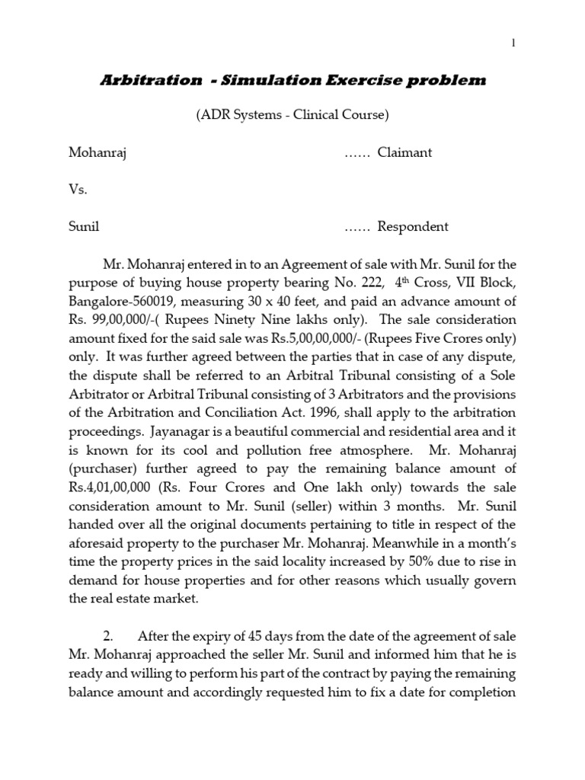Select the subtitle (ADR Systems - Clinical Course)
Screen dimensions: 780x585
pyautogui.click(x=292, y=115)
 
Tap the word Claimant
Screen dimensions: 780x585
pyautogui.click(x=404, y=152)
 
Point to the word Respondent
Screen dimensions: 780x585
pyautogui.click(x=413, y=227)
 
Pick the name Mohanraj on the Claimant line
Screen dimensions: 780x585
pyautogui.click(x=97, y=152)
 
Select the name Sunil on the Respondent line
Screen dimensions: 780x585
pyautogui.click(x=84, y=227)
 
